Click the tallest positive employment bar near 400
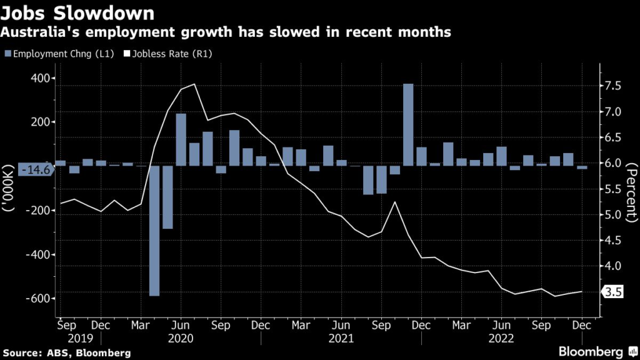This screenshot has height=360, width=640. coord(408,124)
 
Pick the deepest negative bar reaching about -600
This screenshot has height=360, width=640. coord(154,231)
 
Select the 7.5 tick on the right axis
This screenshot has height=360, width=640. coord(612,86)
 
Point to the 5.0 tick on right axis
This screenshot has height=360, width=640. coord(612,215)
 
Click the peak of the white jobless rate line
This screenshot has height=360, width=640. coord(195,84)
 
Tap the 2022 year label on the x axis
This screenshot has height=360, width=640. coord(502,338)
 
